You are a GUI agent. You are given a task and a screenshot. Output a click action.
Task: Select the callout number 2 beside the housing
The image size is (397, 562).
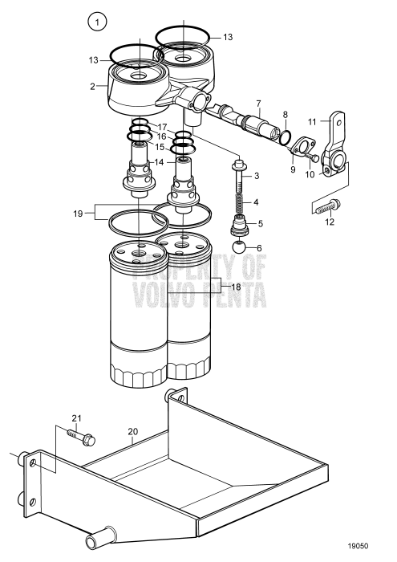pyautogui.click(x=93, y=85)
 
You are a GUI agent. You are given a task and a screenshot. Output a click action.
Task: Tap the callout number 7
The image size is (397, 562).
pyautogui.click(x=258, y=103)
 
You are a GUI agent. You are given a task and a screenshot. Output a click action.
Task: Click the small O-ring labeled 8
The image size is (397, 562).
pyautogui.click(x=285, y=137)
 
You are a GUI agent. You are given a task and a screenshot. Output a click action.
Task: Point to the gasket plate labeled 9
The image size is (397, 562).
pyautogui.click(x=299, y=148)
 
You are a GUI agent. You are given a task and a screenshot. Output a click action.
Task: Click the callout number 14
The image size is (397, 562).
pyautogui.click(x=159, y=162)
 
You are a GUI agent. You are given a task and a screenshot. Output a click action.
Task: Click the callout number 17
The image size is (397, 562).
pyautogui.click(x=163, y=127)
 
